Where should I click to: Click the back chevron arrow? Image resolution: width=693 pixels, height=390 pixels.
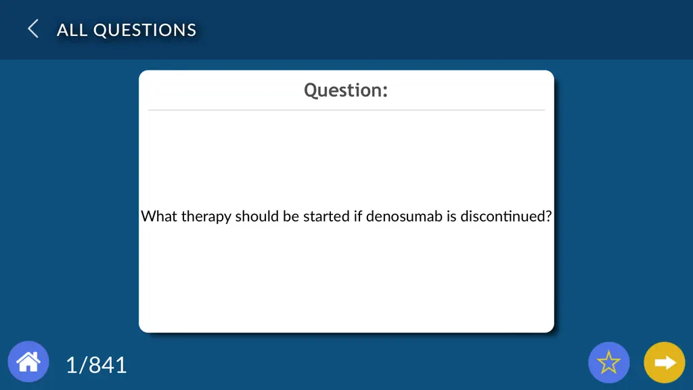[33, 28]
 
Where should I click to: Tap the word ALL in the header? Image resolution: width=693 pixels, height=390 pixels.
[72, 30]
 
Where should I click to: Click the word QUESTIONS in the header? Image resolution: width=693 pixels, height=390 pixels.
[145, 30]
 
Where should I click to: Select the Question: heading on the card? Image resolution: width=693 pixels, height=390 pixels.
[346, 90]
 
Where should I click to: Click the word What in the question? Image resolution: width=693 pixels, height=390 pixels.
[159, 216]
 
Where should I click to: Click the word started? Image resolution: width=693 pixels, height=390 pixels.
[326, 216]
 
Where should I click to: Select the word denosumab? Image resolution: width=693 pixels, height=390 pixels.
[404, 216]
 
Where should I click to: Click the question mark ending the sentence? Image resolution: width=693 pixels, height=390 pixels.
[548, 216]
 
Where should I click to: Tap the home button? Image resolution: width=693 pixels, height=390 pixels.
[28, 362]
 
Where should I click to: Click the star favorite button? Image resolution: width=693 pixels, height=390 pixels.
[608, 363]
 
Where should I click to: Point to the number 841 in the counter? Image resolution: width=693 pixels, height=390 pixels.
[108, 365]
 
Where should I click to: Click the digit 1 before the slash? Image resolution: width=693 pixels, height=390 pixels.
[71, 365]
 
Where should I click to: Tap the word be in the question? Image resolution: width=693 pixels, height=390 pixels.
[291, 216]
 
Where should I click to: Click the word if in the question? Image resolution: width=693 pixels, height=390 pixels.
[357, 216]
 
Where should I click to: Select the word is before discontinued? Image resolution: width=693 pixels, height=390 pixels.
[451, 216]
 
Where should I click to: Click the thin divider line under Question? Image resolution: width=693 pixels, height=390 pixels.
[346, 110]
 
